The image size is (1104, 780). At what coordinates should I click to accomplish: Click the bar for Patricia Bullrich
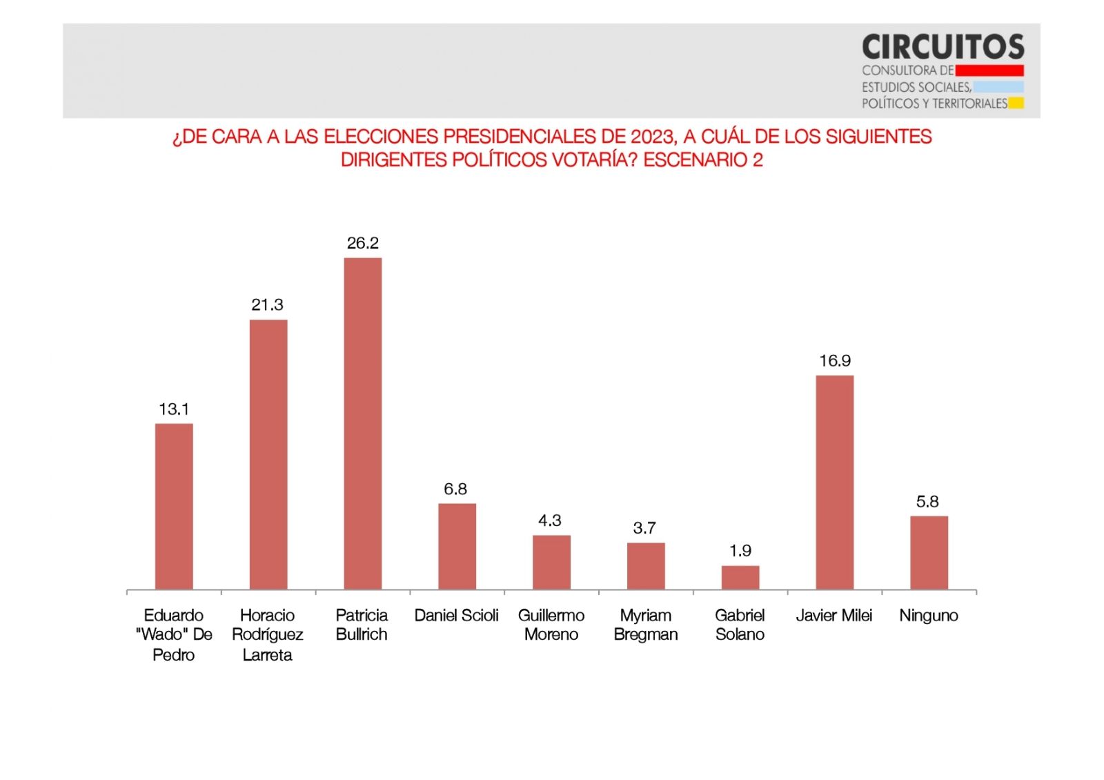(362, 423)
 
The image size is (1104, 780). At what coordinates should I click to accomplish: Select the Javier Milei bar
(834, 482)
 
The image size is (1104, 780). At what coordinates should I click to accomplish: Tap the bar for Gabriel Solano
(740, 577)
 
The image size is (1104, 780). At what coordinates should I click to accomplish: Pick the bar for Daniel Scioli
(457, 546)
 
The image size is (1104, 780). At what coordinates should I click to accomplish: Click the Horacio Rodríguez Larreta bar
(268, 454)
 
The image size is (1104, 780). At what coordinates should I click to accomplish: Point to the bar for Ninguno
(929, 552)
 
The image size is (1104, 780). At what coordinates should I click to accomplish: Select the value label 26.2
(362, 243)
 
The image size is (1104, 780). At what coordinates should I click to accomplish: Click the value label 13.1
(174, 409)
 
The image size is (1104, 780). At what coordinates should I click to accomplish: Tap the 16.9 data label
(835, 361)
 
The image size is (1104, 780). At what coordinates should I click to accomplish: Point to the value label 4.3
(550, 520)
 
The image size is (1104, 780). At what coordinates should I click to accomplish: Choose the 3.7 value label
(644, 528)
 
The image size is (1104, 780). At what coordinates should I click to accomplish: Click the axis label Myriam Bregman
(646, 625)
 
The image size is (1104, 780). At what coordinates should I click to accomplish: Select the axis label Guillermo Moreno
(551, 625)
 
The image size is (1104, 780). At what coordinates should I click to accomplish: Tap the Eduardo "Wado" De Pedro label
(174, 634)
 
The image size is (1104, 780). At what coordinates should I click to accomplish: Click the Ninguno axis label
(929, 615)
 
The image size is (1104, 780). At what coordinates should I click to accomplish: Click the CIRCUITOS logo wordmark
(943, 47)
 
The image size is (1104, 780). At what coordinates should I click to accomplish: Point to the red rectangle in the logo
(989, 70)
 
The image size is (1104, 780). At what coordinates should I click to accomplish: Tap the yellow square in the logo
(1016, 104)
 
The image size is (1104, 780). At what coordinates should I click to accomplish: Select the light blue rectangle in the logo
(998, 87)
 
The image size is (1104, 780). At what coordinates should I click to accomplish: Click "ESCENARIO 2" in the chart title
(703, 160)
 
